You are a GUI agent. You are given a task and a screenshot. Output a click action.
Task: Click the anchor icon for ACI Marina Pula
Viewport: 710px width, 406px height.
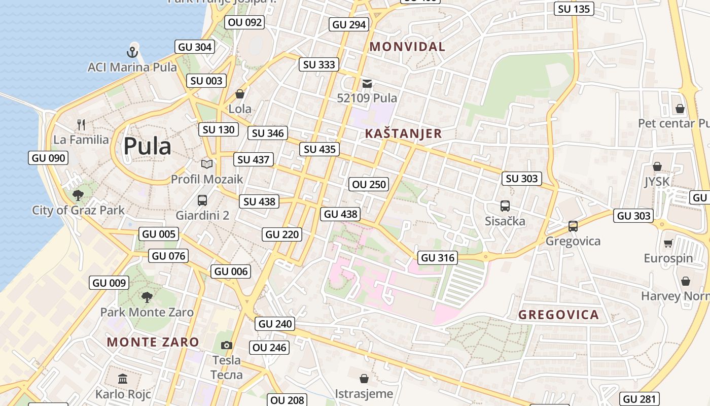(132, 52)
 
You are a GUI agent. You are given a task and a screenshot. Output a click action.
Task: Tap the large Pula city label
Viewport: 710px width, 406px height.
(147, 146)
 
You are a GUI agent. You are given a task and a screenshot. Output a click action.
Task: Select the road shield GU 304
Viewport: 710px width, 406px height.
(195, 47)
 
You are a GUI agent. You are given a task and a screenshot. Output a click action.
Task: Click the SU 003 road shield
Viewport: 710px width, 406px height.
(206, 81)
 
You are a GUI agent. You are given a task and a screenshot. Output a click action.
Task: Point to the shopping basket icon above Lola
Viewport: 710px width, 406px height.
(240, 94)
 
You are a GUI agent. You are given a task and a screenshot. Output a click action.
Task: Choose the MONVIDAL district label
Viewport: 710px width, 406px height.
(407, 47)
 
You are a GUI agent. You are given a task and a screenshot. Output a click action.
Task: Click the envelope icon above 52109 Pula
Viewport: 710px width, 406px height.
(367, 83)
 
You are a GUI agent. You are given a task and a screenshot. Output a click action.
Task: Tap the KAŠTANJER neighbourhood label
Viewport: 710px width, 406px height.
(403, 134)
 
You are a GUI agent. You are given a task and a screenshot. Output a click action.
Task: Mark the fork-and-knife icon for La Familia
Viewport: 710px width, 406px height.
(81, 124)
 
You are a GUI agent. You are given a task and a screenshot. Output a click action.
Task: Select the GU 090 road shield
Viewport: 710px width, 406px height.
(49, 158)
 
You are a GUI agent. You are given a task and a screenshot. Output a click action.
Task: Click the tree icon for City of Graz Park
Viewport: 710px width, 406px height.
(78, 195)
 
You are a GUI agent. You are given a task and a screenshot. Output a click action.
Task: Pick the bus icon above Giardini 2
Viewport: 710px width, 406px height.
(202, 200)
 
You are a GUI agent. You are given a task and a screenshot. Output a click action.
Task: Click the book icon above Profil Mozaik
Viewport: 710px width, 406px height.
(206, 164)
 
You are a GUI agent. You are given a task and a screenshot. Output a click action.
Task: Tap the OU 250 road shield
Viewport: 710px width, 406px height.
(369, 184)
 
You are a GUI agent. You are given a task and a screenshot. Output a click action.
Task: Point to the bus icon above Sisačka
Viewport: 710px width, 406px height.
(505, 206)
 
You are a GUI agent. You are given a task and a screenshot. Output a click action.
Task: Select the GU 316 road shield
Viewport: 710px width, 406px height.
(438, 258)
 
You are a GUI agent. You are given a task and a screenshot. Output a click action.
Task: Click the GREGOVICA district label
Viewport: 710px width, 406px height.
(558, 315)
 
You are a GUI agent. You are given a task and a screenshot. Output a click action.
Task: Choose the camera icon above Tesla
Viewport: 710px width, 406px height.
(227, 346)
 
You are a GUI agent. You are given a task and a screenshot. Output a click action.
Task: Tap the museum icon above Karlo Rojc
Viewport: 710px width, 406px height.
(123, 379)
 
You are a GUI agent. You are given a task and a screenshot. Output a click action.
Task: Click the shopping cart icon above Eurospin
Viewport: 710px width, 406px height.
(668, 244)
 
